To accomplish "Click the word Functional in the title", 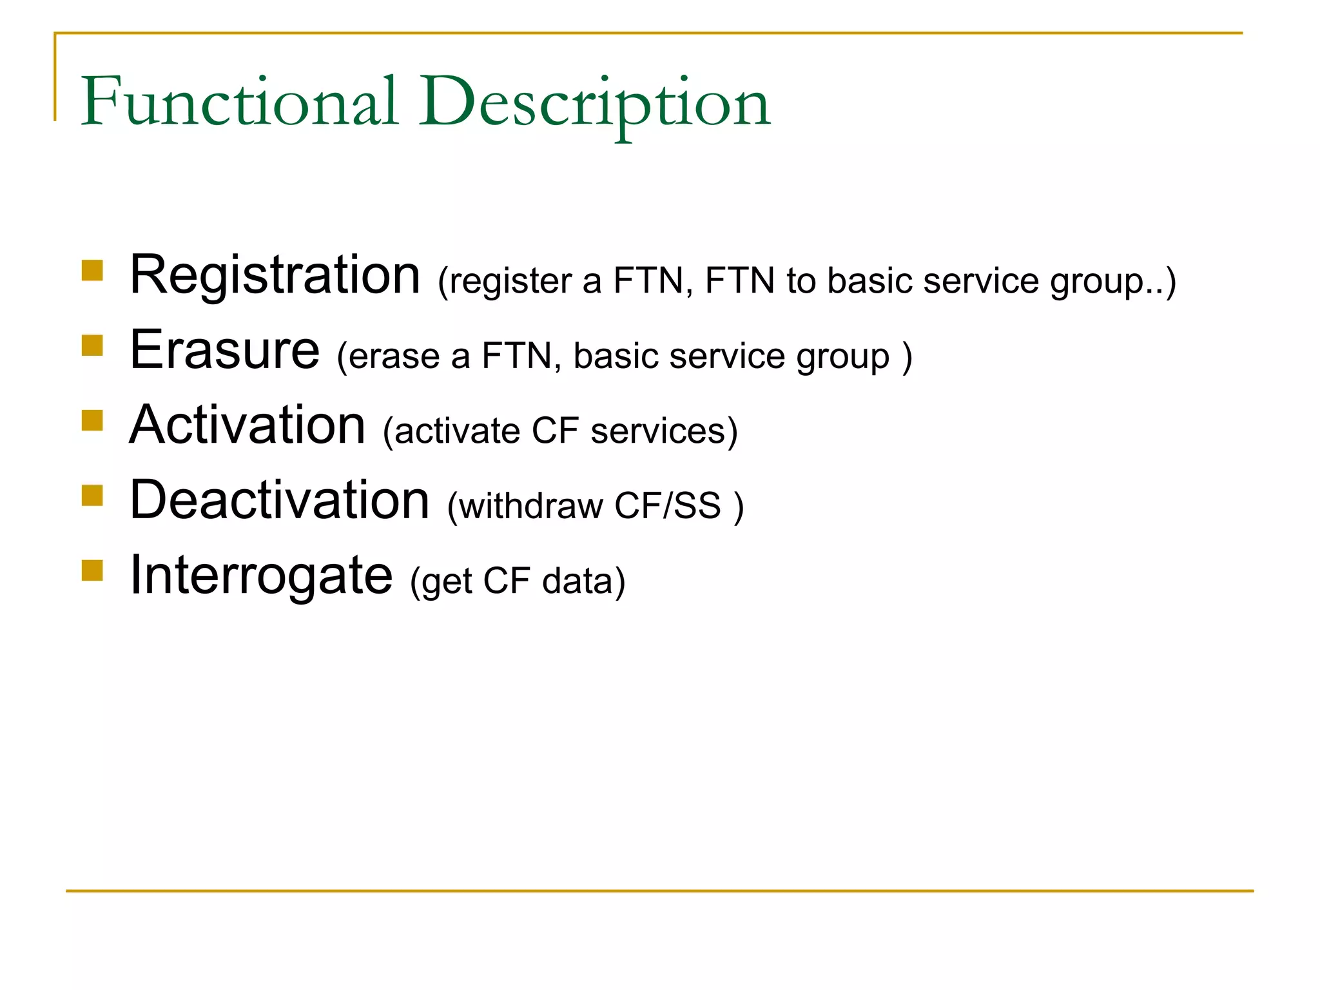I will pos(239,102).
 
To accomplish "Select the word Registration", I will pos(275,275).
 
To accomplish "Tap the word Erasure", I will pos(224,350).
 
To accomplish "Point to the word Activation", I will pos(247,425).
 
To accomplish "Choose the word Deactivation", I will pos(280,500).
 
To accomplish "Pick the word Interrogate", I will pos(261,576).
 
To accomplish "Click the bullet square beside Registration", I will pos(93,271).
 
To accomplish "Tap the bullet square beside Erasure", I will pos(93,345).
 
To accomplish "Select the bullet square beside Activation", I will pos(93,420).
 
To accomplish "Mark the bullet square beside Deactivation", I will pos(93,496).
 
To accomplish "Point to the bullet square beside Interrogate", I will pos(93,570).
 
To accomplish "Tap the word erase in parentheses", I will pos(394,356).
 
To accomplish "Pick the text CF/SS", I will pos(667,506).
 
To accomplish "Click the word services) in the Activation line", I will pos(664,431).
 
